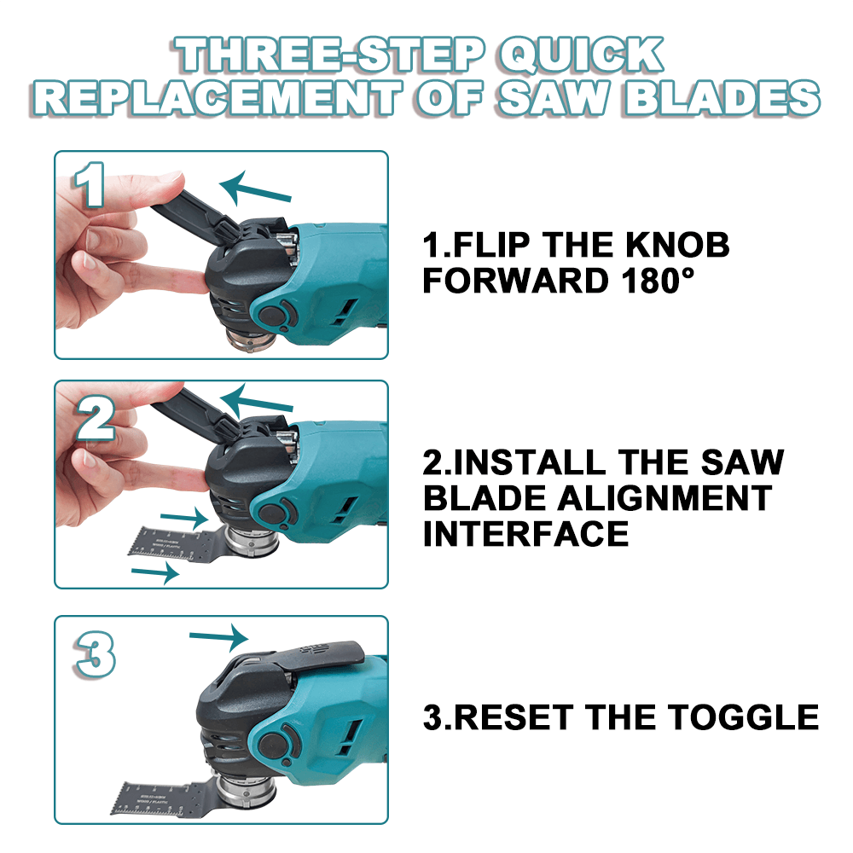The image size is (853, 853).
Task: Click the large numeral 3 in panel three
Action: [x=95, y=656]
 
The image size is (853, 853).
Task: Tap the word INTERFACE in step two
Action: [x=525, y=535]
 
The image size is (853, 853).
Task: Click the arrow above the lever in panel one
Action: [x=256, y=188]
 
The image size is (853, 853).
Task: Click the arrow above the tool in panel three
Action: [x=218, y=635]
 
